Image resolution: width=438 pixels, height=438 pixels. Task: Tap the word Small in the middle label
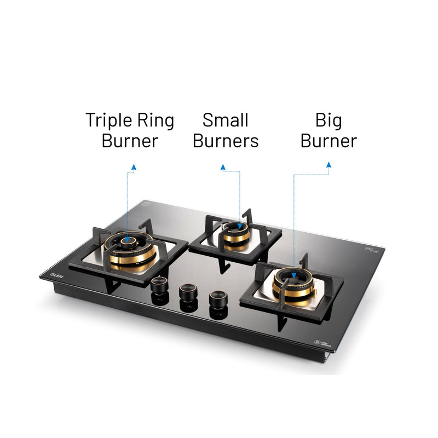[225, 120]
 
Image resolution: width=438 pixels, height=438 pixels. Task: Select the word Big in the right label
[328, 120]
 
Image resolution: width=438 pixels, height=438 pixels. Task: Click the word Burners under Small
[225, 141]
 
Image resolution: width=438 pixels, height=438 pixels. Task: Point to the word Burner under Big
[328, 141]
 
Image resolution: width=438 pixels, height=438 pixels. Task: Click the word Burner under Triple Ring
[129, 141]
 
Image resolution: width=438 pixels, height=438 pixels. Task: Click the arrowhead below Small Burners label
[223, 166]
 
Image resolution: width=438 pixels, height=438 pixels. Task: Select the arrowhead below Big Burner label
[328, 164]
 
